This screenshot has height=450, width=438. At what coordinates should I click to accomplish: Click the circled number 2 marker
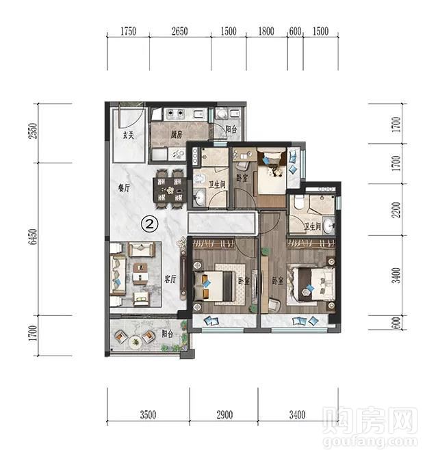150,224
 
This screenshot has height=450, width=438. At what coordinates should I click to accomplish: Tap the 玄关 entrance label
129,135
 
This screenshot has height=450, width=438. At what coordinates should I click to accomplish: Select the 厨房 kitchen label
177,134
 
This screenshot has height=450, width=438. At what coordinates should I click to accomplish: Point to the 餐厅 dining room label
124,188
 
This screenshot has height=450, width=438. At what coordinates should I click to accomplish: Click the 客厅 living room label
170,279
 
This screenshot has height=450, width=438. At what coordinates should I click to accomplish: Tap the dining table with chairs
170,189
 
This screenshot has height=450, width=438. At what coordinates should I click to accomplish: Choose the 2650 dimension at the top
180,31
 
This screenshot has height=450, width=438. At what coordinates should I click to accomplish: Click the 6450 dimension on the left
34,237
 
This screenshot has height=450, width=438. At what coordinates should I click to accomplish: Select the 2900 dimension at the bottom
224,414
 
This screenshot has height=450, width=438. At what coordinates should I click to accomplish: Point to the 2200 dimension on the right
396,210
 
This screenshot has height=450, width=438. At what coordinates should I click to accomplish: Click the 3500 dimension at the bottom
149,414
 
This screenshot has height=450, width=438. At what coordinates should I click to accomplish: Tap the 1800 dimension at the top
266,31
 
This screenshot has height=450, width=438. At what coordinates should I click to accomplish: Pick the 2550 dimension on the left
34,131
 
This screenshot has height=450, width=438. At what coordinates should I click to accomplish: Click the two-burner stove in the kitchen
175,114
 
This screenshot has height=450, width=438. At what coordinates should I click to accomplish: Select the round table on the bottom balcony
134,342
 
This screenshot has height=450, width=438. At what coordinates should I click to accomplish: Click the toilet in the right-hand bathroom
298,202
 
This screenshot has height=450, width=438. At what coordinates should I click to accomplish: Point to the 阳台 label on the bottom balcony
168,334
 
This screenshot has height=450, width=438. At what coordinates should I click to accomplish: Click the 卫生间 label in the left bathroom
216,185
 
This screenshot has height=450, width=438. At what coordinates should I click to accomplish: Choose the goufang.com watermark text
370,441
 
